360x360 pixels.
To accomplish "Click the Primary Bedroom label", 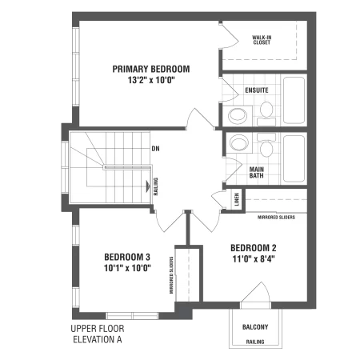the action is point(151,69).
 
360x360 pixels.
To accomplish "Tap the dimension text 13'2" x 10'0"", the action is point(151,80).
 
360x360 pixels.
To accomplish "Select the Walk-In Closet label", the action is point(262,40).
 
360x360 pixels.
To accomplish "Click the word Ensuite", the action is point(257,90).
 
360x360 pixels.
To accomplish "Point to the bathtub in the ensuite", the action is point(294,100).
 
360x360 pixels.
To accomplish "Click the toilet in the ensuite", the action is point(266,114).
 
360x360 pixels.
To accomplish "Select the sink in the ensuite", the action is point(238,116).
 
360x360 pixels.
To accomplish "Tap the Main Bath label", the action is point(257,173).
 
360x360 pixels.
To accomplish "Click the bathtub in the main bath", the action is point(294,158).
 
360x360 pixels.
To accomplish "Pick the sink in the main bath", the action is point(239,142).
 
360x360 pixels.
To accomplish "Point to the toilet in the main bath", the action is point(266,145).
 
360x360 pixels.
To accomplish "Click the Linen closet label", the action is point(237,199).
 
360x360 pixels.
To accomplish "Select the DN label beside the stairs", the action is point(155,149).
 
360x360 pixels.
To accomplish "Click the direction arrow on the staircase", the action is point(148,186).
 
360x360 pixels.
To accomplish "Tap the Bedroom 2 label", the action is point(254,248).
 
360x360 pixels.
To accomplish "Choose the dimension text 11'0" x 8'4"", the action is point(254,259).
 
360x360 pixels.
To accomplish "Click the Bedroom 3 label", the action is point(127,257).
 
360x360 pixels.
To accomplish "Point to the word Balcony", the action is point(255,327).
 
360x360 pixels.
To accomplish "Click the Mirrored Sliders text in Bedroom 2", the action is point(276,218).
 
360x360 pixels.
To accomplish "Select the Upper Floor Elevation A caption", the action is point(98,334).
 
